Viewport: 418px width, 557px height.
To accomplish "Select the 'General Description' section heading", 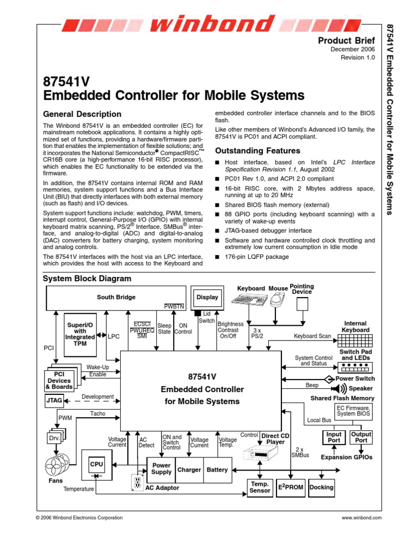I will tap(82, 114).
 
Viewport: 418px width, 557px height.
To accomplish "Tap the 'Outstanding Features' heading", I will tap(257, 151).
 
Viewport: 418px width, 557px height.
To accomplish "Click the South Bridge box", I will tap(116, 298).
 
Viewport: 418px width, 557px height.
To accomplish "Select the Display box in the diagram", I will tap(207, 298).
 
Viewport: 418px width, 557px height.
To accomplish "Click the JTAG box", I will tap(53, 401).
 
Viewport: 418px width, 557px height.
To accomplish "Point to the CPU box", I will tap(96, 465).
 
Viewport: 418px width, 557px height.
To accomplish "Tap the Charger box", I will tap(189, 469).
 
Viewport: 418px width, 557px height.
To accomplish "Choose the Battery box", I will tap(217, 469).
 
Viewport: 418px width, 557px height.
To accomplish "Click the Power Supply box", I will tap(161, 469).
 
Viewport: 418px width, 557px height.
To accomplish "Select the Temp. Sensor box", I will tap(260, 487).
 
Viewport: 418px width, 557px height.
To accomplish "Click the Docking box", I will tap(321, 487).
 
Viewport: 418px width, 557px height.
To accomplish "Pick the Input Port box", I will tap(334, 437).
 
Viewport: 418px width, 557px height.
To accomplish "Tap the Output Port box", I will tap(361, 437).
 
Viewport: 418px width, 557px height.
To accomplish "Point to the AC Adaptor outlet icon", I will tap(137, 482).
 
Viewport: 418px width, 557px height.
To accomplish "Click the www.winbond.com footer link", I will tap(361, 518).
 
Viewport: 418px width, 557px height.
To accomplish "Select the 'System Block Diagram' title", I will tap(87, 278).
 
